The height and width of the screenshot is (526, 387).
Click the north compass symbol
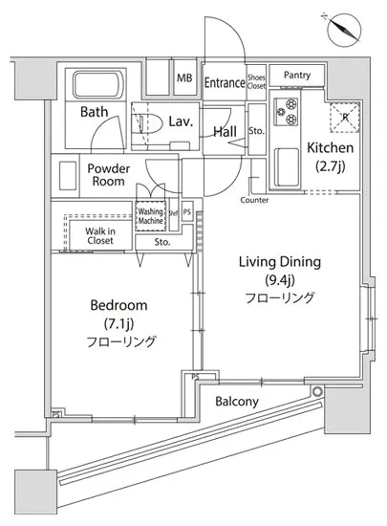coord(345,28)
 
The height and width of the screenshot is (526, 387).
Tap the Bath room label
coord(94,112)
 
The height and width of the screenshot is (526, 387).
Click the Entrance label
coord(225,83)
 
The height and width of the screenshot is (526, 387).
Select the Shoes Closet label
coord(256,82)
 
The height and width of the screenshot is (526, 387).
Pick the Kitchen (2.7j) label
coord(331,157)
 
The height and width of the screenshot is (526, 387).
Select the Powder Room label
coord(108,174)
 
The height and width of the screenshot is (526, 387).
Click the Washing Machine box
coord(151,216)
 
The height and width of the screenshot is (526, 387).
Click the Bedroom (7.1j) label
coord(118,322)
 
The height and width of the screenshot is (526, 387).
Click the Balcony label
coord(236,402)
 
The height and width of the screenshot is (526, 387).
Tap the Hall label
coord(226,131)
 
